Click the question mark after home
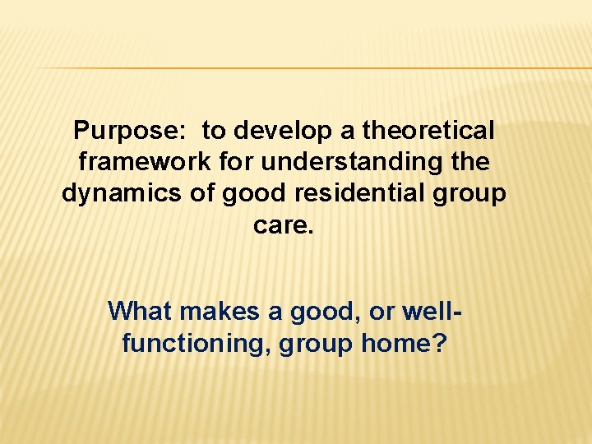(439, 342)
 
